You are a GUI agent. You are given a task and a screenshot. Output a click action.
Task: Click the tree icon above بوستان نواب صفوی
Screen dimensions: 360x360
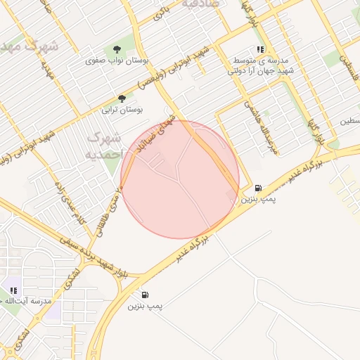pos(116,49)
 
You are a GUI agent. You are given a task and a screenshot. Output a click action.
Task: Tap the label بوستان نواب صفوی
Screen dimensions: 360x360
pos(110,61)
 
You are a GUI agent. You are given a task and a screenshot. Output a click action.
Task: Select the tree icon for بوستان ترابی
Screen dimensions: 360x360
pos(122,98)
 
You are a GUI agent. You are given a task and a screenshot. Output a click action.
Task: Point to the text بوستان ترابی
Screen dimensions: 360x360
pos(123,110)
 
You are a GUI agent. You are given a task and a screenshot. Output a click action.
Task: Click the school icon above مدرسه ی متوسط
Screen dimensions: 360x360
pos(260,49)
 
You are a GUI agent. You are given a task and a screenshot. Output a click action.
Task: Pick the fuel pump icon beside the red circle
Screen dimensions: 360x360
pos(259,188)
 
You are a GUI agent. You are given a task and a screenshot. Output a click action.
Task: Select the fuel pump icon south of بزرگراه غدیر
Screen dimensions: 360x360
pos(145,295)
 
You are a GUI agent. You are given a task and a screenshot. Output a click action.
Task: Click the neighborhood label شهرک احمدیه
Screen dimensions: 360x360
pos(104,144)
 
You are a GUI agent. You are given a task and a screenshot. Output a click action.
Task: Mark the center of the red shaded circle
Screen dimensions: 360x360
pos(180,179)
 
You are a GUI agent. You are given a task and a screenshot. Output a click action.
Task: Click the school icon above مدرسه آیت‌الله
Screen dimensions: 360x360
pos(13,290)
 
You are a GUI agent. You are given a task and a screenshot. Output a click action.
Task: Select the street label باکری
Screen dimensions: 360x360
pos(165,13)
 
